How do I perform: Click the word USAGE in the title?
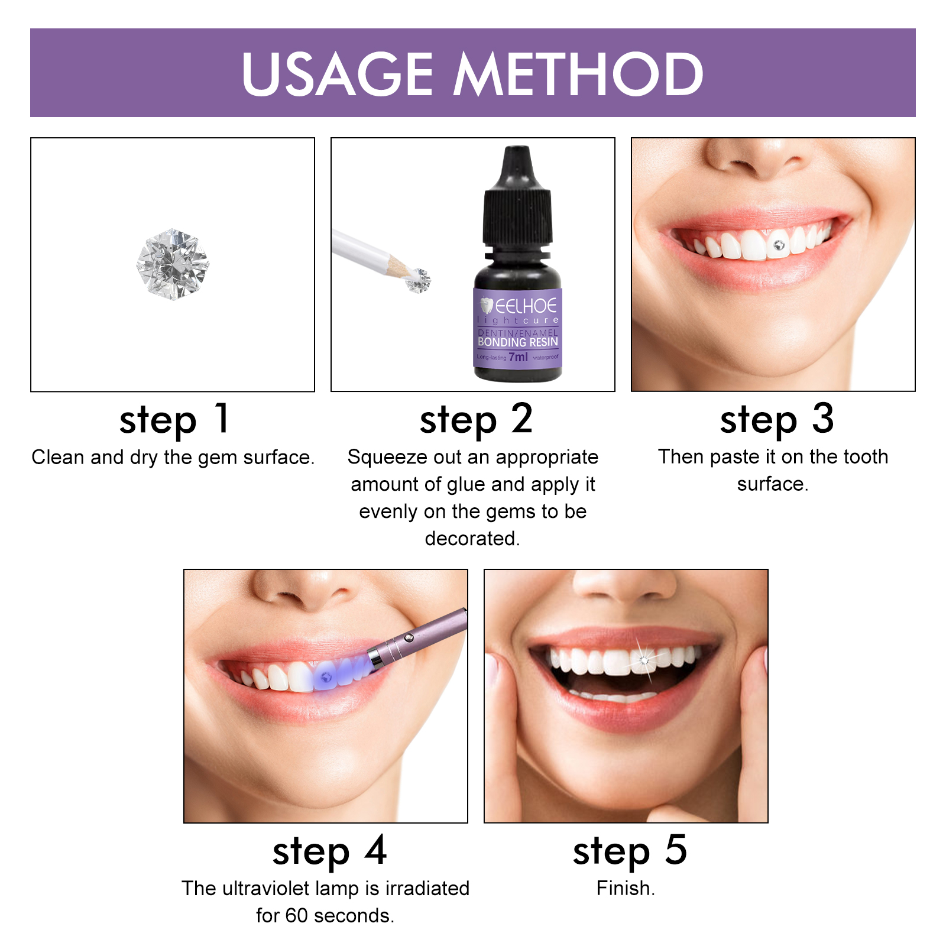[x=338, y=74]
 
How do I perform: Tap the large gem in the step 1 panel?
[x=173, y=264]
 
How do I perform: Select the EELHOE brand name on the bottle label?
[x=525, y=306]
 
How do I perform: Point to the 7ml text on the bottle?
[x=518, y=357]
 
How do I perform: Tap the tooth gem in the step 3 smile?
[x=779, y=244]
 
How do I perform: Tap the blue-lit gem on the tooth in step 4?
[x=326, y=677]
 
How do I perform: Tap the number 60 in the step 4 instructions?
[x=297, y=915]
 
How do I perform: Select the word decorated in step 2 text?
[x=471, y=539]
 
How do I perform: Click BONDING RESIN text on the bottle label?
[x=518, y=342]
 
